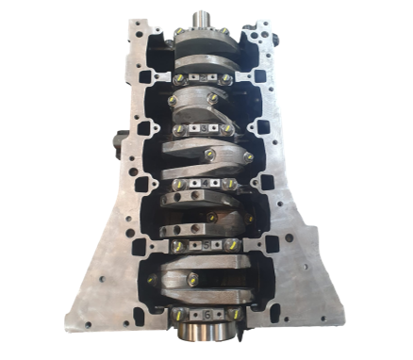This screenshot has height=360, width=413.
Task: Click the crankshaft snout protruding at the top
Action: pos(200,20)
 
